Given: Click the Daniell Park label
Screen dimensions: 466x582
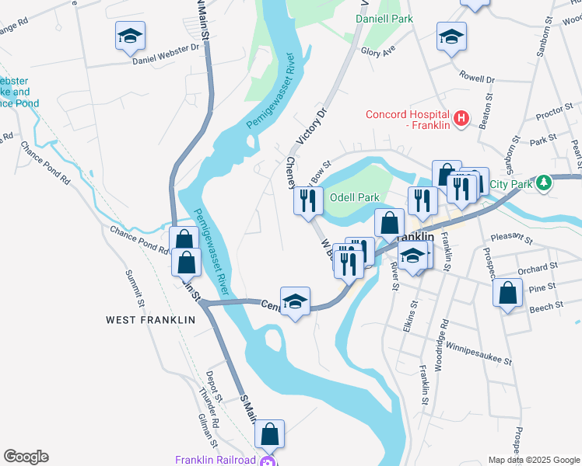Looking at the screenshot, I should click(x=384, y=17).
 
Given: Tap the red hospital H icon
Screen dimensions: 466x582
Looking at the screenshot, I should click(x=461, y=118).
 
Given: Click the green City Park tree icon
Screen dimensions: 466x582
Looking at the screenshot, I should click(x=545, y=183).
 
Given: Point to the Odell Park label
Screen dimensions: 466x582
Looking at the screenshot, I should click(x=353, y=197).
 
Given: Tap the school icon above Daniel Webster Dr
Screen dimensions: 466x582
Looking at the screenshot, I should click(x=131, y=35).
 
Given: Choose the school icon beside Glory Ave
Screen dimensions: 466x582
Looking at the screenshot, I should click(x=451, y=37).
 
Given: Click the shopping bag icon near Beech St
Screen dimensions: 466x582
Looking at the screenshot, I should click(x=507, y=294).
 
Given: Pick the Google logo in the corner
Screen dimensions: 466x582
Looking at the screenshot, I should click(x=26, y=457).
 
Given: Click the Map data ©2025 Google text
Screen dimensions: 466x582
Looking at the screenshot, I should click(x=533, y=460).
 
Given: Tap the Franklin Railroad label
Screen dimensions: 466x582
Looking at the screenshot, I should click(x=215, y=460).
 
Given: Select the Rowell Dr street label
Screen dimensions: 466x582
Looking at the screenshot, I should click(x=476, y=78).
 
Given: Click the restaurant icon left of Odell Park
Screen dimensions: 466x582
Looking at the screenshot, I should click(x=308, y=200).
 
